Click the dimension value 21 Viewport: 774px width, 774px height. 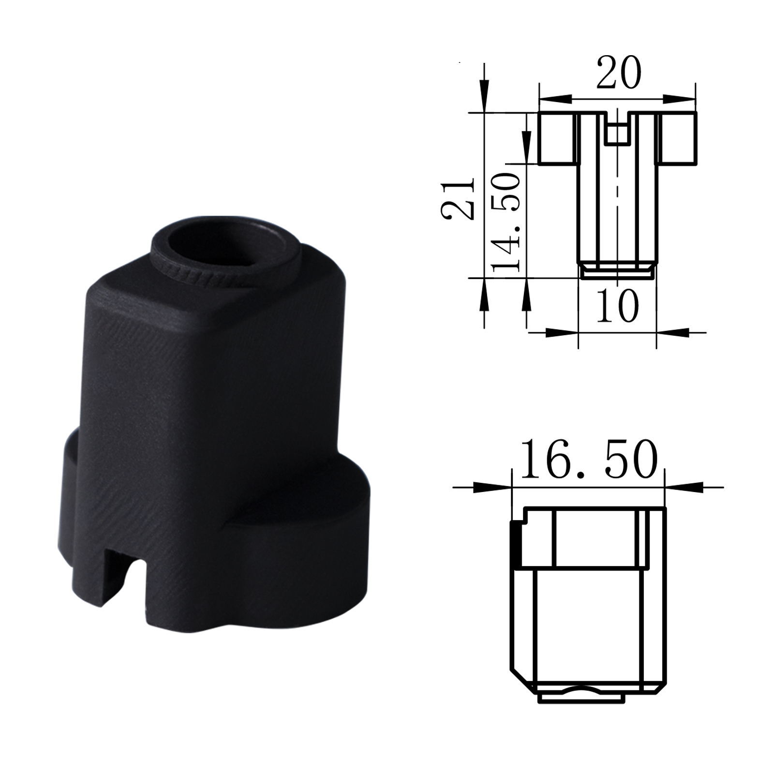tap(458, 197)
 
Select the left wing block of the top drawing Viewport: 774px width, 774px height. tap(556, 138)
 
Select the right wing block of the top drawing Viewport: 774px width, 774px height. tap(677, 138)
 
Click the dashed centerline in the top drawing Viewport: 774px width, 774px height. tap(618, 203)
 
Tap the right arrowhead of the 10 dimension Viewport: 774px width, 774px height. tap(675, 332)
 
